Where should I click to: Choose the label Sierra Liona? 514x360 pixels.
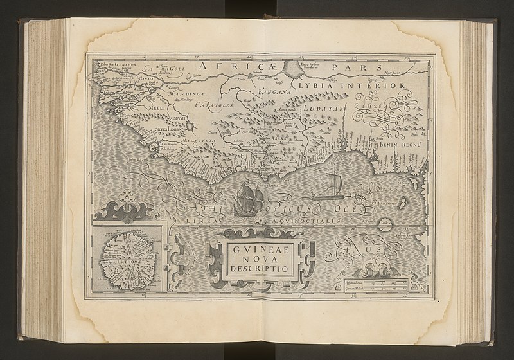(x=169, y=129)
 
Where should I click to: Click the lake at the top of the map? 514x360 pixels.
(x=297, y=67)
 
